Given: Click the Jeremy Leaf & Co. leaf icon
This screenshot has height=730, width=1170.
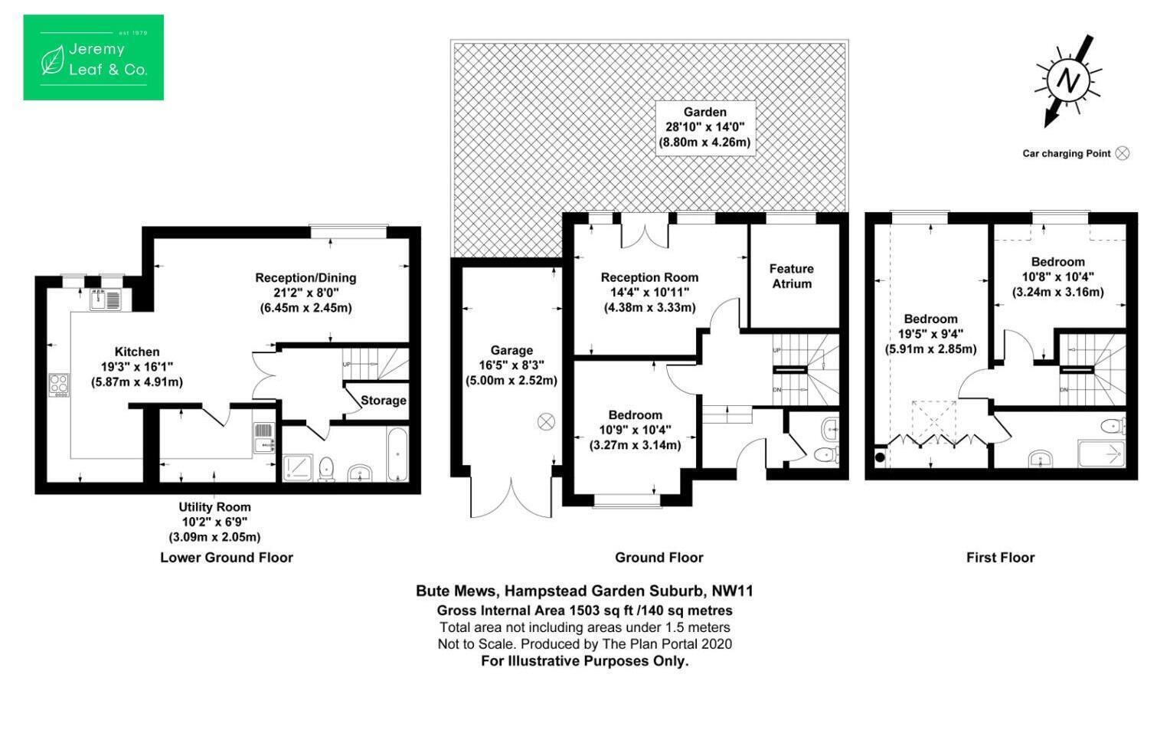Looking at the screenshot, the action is [x=52, y=60].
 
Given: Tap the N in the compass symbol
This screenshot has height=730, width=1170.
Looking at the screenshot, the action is [x=1068, y=80].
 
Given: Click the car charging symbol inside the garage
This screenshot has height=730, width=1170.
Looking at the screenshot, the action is [x=546, y=421].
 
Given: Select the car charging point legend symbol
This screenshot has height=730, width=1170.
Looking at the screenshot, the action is [x=1122, y=153].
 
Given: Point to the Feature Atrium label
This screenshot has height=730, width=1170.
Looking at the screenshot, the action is [x=791, y=276].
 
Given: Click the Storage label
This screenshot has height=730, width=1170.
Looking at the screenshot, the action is [x=384, y=401].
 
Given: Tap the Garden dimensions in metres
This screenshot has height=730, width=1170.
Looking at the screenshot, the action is [x=704, y=142].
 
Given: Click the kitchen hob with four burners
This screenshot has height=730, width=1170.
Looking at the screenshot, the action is [x=58, y=385].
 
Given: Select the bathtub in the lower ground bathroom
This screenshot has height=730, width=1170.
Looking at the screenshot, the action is [x=398, y=454].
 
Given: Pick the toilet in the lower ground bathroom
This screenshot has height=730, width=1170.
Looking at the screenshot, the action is [x=326, y=468].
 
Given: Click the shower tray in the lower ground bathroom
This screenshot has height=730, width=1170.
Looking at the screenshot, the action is [x=298, y=468].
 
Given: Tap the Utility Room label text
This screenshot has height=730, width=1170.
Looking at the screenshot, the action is [x=214, y=507].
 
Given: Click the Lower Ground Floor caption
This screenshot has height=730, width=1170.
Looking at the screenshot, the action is [x=226, y=558].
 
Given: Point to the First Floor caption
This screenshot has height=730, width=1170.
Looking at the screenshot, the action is [x=1000, y=558].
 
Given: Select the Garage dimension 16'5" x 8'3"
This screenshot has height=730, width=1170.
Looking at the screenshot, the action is [x=511, y=365].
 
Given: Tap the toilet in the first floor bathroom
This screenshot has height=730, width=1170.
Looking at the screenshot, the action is [x=1113, y=425].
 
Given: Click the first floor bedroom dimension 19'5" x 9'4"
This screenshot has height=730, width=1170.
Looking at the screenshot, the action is [x=930, y=334].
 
